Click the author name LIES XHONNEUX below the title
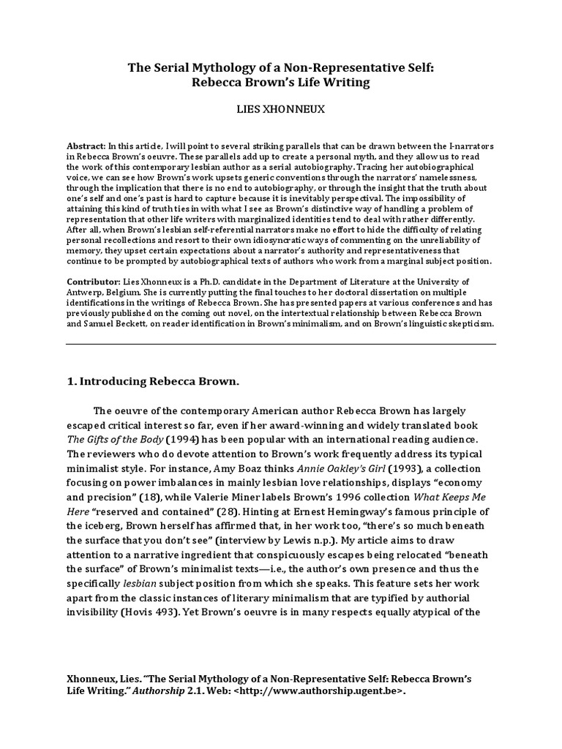pyautogui.click(x=280, y=108)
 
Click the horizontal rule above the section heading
pyautogui.click(x=280, y=344)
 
